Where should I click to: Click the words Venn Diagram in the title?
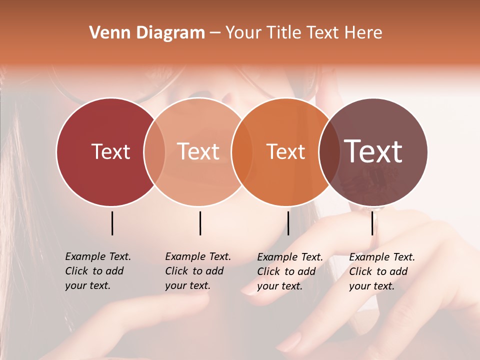click(147, 33)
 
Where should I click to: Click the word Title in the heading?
click(283, 33)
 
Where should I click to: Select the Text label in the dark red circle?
click(110, 151)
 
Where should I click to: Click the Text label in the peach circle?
click(198, 151)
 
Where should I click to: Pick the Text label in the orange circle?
click(286, 151)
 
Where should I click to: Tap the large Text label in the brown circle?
click(373, 151)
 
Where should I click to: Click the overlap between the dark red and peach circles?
click(154, 151)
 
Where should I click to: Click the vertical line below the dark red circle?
click(112, 223)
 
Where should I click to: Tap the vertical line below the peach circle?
click(200, 223)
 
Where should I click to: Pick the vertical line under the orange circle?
click(288, 223)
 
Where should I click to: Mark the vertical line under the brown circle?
click(372, 223)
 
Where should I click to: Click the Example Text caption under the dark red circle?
click(98, 271)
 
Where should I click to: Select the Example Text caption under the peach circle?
click(198, 271)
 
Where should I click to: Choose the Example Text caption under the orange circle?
click(290, 271)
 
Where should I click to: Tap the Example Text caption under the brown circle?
click(382, 271)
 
